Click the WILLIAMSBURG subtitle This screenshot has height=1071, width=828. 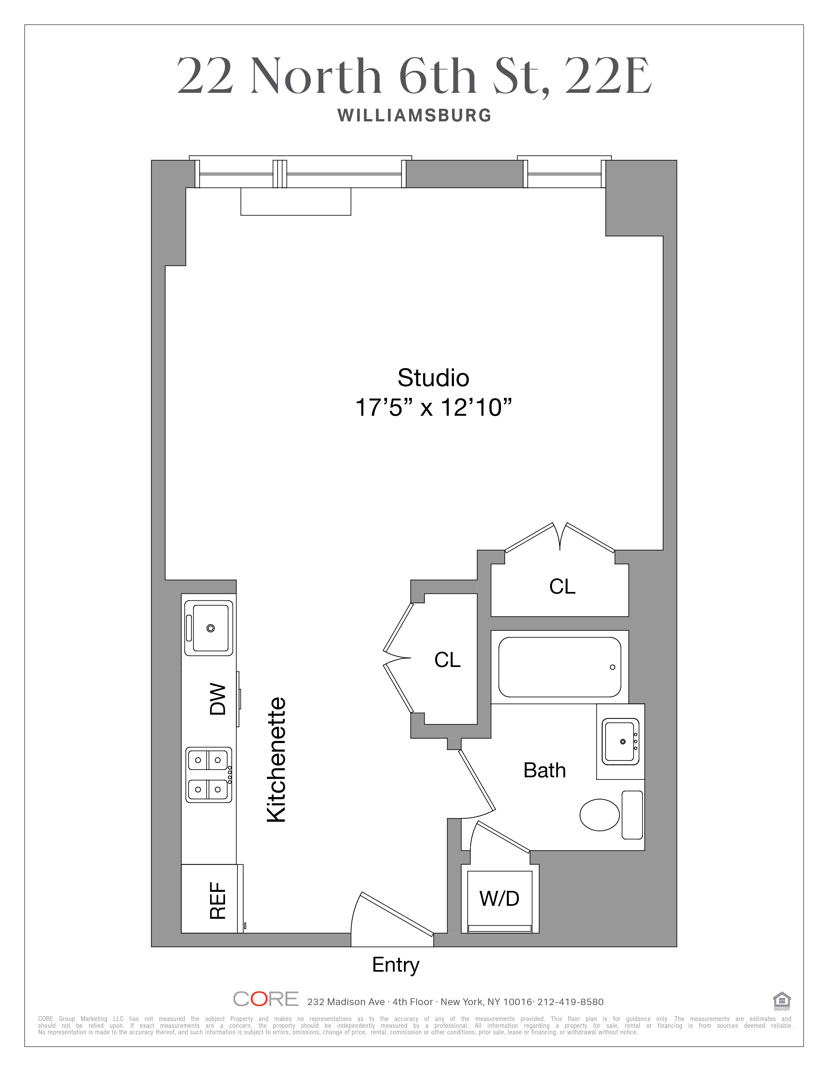415,116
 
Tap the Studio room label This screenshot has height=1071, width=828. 433,378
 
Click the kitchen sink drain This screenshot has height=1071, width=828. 210,628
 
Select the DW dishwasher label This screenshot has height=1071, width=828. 218,699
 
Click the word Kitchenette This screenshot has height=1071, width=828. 276,760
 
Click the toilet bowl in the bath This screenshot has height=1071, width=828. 599,815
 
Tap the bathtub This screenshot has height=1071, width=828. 560,667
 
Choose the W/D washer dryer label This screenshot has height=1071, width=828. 499,898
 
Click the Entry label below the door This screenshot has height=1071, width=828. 396,965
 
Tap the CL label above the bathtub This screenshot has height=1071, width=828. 562,586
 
